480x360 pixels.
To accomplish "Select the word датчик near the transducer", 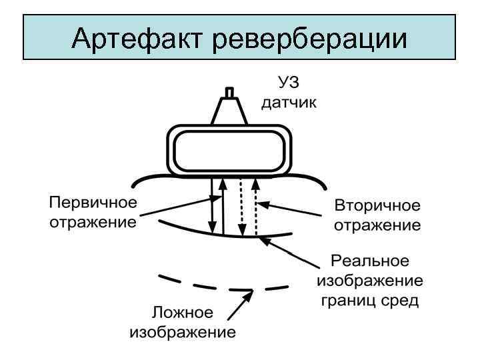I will (289, 103).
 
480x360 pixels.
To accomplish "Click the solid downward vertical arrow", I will (211, 203).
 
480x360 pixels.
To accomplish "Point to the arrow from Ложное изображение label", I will (239, 305).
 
